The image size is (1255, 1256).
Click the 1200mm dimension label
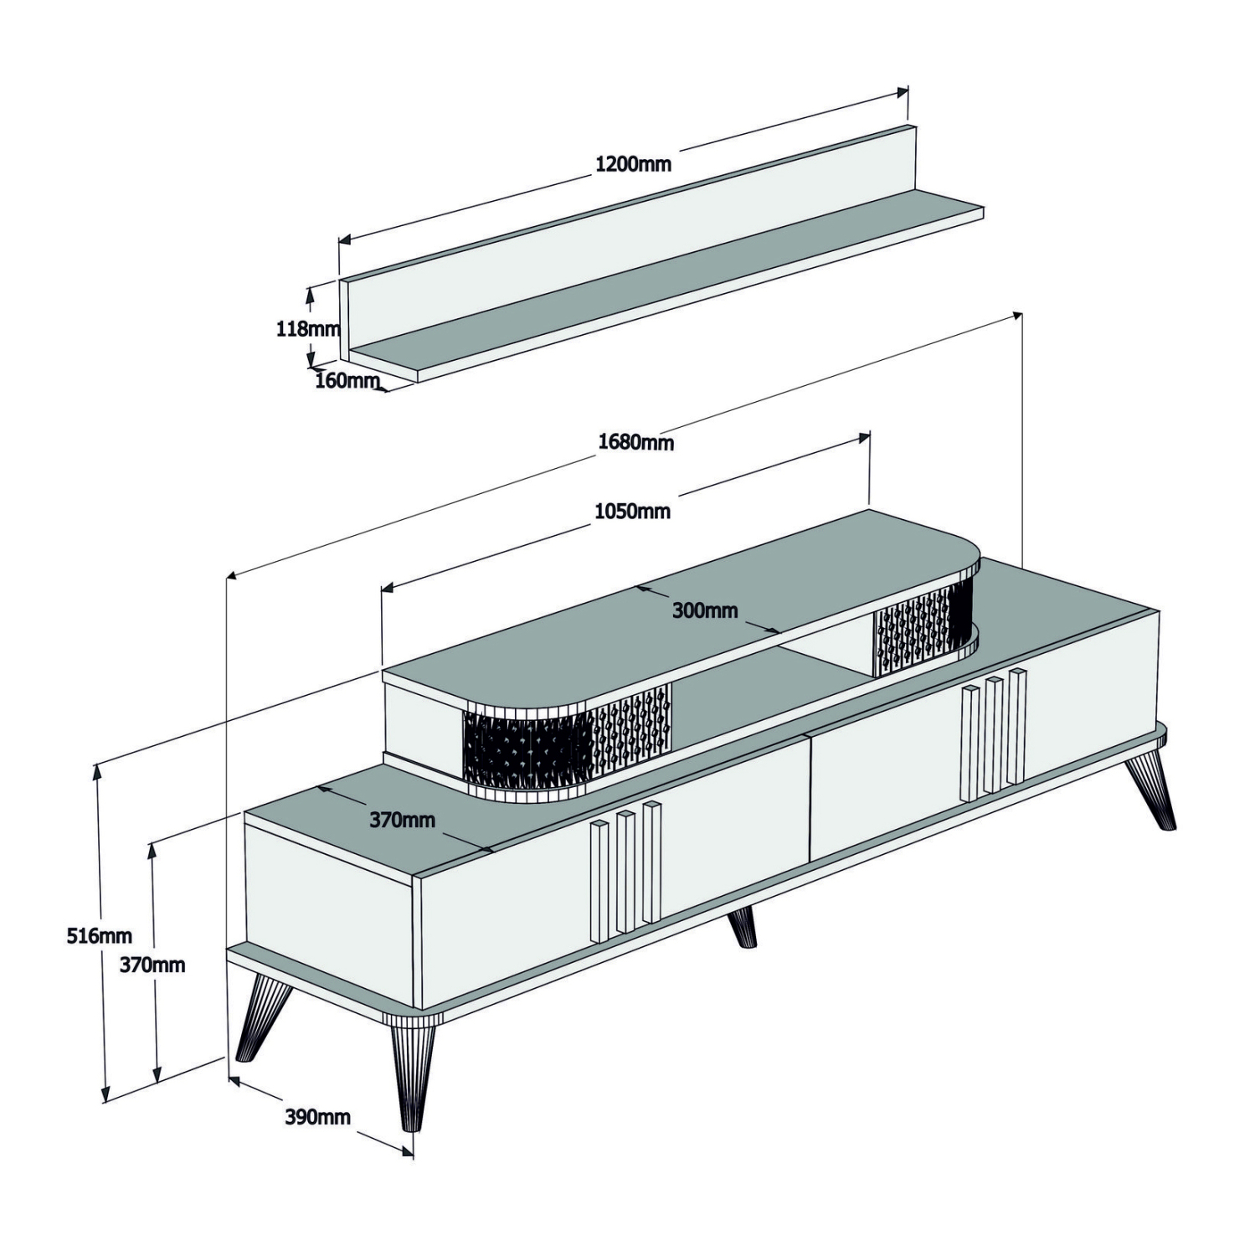pos(633,163)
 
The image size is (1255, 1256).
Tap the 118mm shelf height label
pos(307,329)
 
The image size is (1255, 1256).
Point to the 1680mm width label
pos(635,441)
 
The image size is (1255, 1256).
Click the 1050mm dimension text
pos(632,511)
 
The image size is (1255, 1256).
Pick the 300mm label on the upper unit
pos(705,610)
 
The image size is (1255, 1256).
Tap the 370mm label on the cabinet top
pos(402,820)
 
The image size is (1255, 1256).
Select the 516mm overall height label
pos(99,936)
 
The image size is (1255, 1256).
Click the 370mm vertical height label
pos(152,965)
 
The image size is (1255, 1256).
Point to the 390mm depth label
pos(317,1117)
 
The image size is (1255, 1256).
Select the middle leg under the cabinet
pos(742,927)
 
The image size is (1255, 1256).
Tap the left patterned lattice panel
pos(568,739)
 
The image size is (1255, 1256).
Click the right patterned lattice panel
pos(922,629)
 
